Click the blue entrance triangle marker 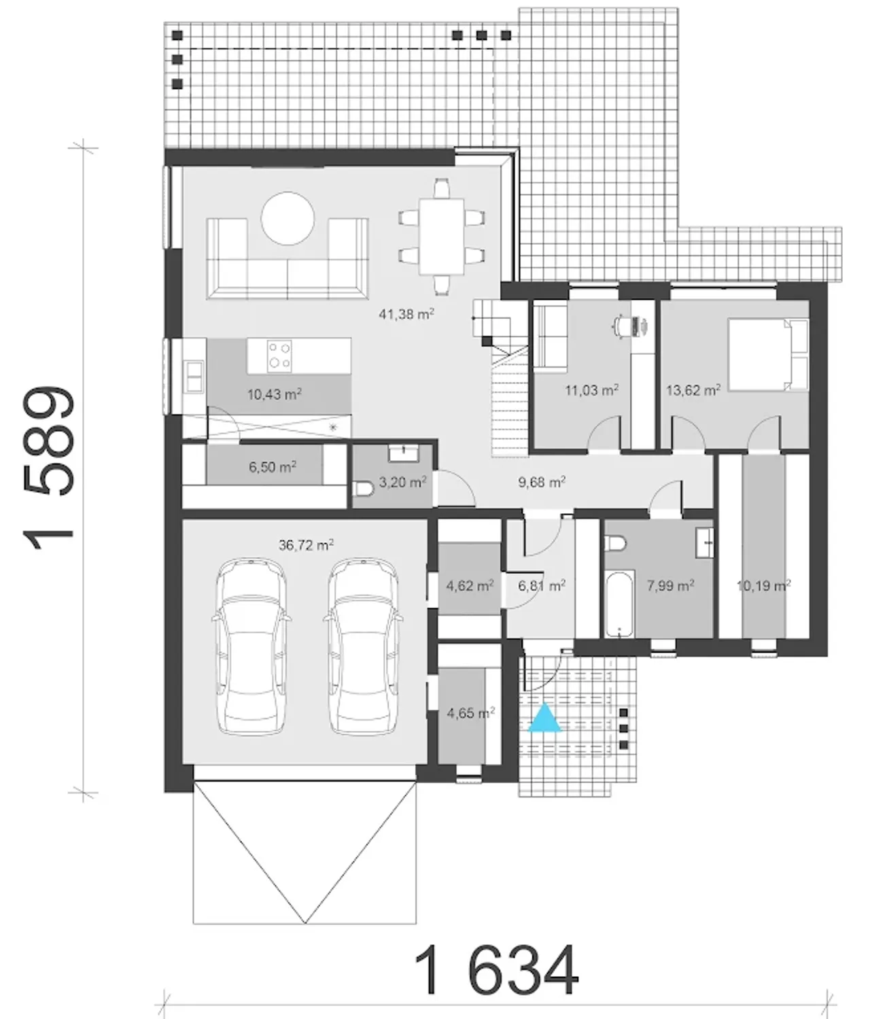tap(544, 718)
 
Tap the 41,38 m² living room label tap(406, 313)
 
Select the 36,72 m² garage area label tap(306, 545)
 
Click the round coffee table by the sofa tap(288, 219)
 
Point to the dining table tap(441, 237)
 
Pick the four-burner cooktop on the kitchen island tap(279, 356)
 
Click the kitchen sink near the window tap(194, 377)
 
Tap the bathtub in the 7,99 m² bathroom tap(619, 604)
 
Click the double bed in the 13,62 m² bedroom tap(768, 354)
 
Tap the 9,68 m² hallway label tap(541, 482)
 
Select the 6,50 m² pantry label tap(272, 466)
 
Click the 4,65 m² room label tap(470, 712)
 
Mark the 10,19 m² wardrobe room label tap(763, 586)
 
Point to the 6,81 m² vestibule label tap(541, 586)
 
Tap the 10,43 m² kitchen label tap(274, 394)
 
